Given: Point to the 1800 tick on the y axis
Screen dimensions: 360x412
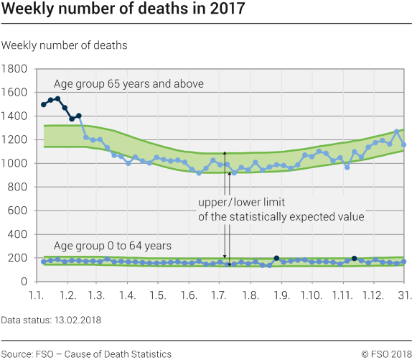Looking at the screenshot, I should [x=15, y=69].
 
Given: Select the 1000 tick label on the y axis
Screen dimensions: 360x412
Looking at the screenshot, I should [x=15, y=163].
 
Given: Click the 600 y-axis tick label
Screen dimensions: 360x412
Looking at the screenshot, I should [x=18, y=211].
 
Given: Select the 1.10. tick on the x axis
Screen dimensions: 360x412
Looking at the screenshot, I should [x=312, y=295].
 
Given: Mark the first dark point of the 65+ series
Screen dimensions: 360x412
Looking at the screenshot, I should [x=44, y=105].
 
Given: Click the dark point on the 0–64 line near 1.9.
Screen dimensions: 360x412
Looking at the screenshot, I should [x=276, y=258].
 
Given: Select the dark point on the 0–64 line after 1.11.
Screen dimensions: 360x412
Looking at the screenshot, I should [x=355, y=258].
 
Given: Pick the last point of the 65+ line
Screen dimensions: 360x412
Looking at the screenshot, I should [x=404, y=144].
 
